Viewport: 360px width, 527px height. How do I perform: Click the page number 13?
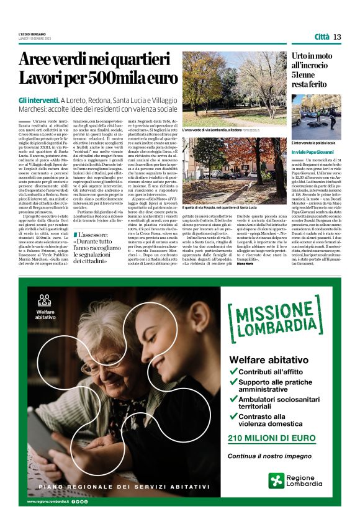tap(337, 36)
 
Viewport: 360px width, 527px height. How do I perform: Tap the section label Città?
tap(322, 36)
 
